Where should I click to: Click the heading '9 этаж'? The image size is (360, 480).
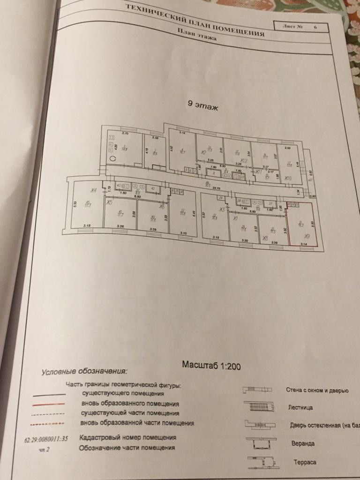[x=203, y=106]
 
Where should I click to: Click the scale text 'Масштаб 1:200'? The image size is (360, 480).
[x=211, y=365]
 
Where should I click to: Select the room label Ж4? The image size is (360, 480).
[x=93, y=190]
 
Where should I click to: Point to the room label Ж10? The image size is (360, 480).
[x=288, y=178]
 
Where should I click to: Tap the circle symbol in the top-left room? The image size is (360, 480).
[x=113, y=158]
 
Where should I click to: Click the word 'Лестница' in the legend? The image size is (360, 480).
[x=300, y=407]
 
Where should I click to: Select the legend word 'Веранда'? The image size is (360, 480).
[x=302, y=443]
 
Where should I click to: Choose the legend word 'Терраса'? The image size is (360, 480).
[x=304, y=462]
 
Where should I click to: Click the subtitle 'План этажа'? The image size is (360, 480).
[x=197, y=35]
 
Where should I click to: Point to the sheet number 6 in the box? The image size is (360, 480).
[x=315, y=27]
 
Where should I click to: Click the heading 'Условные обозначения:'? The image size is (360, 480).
[x=84, y=372]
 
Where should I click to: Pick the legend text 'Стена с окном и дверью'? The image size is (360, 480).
[x=316, y=390]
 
